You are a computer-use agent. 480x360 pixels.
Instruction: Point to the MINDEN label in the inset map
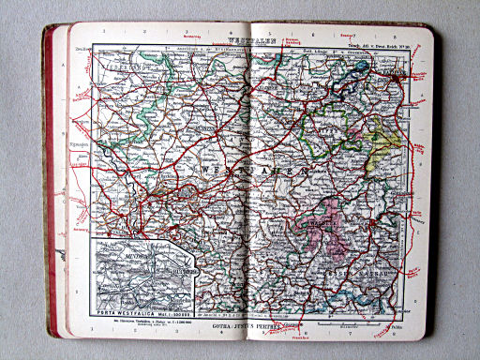pyautogui.click(x=113, y=254)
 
